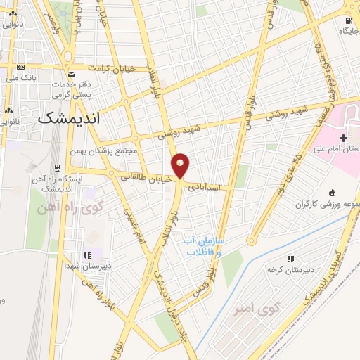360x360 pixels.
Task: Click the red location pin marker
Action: (x=181, y=165)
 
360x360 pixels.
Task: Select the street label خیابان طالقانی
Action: (x=144, y=179)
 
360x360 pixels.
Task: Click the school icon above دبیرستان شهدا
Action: (x=88, y=256)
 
